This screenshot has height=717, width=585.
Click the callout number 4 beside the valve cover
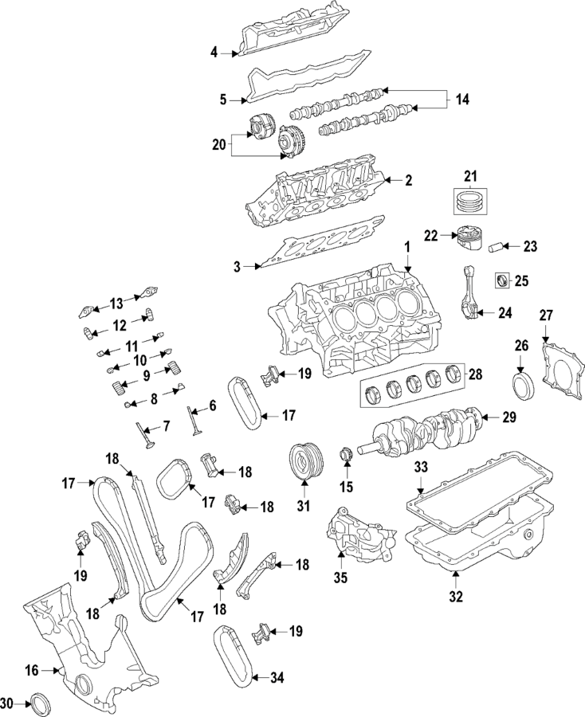214,53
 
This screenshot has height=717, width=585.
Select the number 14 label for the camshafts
463,100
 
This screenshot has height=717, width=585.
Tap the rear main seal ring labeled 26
521,384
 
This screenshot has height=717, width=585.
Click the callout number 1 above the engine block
406,249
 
